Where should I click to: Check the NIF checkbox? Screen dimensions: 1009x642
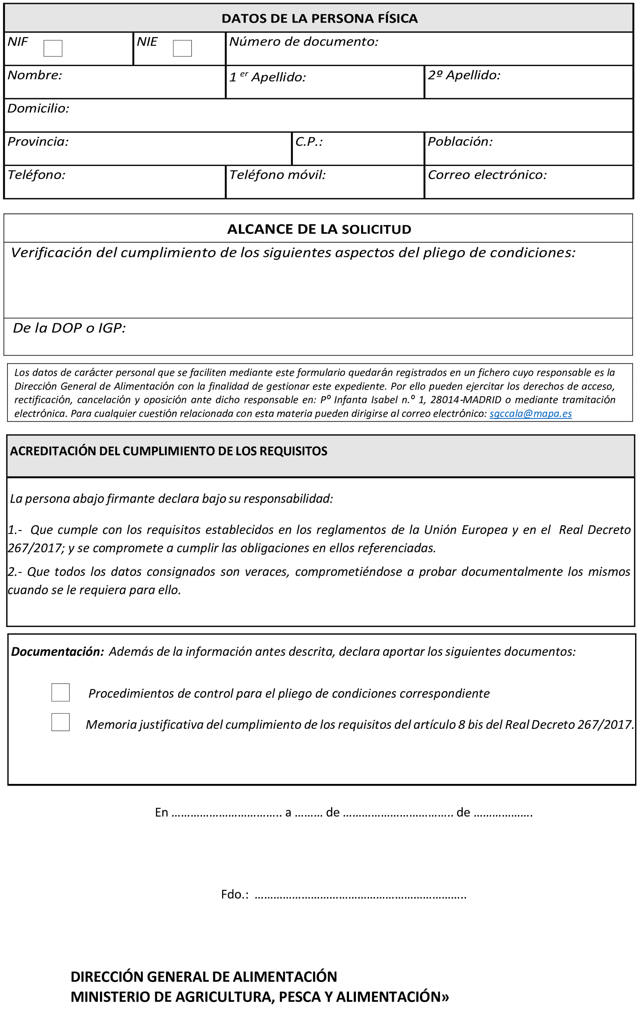[53, 48]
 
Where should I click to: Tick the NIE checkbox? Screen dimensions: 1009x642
[182, 48]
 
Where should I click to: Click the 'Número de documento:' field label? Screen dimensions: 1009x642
[304, 41]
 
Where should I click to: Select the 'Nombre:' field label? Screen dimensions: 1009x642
[35, 75]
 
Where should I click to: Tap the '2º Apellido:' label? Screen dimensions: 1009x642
[464, 75]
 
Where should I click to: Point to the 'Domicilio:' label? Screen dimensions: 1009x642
[38, 109]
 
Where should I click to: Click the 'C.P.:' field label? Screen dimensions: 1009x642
[309, 142]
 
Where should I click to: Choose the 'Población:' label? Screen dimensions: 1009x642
[460, 142]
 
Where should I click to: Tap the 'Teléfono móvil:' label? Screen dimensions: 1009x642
[277, 175]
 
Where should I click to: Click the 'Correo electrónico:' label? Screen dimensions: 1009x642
[487, 175]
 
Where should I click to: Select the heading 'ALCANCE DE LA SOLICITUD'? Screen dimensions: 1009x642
[319, 229]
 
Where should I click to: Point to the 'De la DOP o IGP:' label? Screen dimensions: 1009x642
[69, 328]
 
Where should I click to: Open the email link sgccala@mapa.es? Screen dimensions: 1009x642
[530, 414]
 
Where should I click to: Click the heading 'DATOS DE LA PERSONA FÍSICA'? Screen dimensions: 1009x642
[319, 19]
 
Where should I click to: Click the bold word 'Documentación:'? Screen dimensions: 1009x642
[57, 652]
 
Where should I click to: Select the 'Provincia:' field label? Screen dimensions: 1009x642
[38, 142]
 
